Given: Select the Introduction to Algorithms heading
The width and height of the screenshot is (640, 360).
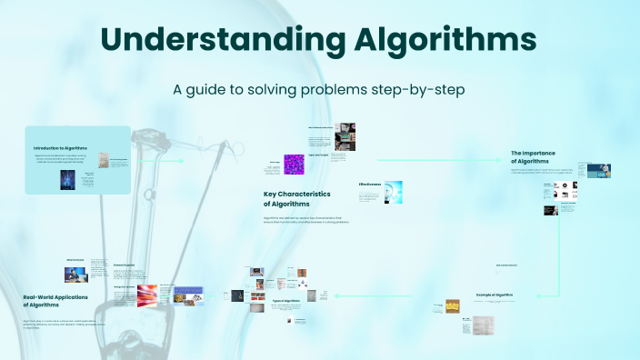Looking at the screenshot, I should (61, 148).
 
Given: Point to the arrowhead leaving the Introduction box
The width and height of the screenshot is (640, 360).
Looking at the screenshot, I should (181, 161).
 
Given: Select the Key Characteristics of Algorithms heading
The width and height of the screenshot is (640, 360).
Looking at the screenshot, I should (296, 199).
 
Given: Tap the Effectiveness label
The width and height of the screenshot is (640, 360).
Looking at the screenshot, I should (370, 184).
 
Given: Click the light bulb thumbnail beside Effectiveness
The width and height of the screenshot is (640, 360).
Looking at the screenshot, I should (393, 191).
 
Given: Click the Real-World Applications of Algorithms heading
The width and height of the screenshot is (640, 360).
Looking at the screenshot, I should (59, 300).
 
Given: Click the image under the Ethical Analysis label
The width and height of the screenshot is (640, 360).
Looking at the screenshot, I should (75, 272).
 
